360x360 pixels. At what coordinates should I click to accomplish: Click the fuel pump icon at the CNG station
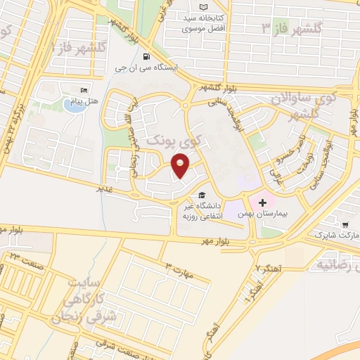146,56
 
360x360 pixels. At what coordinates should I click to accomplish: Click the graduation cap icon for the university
202,195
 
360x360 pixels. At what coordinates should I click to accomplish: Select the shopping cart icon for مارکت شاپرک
345,225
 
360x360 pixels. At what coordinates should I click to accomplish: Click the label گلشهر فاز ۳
292,27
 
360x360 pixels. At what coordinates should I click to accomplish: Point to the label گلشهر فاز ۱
75,48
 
